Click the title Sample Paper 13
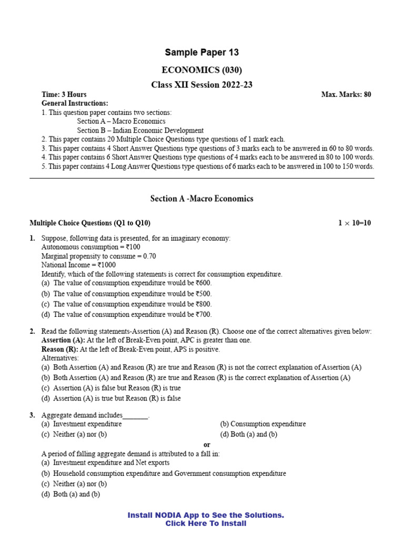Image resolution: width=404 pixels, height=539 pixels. pyautogui.click(x=202, y=52)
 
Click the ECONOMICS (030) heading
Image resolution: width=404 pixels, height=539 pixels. pyautogui.click(x=202, y=70)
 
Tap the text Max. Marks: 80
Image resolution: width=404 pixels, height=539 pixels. pyautogui.click(x=346, y=94)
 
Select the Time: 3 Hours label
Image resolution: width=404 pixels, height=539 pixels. pyautogui.click(x=64, y=94)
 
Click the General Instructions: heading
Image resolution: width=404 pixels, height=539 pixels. pyautogui.click(x=75, y=103)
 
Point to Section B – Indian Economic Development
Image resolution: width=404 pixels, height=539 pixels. pyautogui.click(x=140, y=130)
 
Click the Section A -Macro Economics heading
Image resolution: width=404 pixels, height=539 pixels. pyautogui.click(x=202, y=198)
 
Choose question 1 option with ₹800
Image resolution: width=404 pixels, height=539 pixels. pyautogui.click(x=126, y=304)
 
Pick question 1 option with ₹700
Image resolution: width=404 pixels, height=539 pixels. pyautogui.click(x=126, y=315)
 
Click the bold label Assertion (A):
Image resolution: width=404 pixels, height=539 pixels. pyautogui.click(x=59, y=341)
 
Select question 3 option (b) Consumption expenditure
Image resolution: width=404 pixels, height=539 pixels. pyautogui.click(x=262, y=424)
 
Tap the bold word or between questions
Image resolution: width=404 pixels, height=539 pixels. pyautogui.click(x=207, y=445)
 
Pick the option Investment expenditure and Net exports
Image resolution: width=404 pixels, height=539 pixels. pyautogui.click(x=105, y=463)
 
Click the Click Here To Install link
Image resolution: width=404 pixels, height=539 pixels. pyautogui.click(x=206, y=523)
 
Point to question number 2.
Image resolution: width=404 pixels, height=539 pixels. pyautogui.click(x=33, y=331)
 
